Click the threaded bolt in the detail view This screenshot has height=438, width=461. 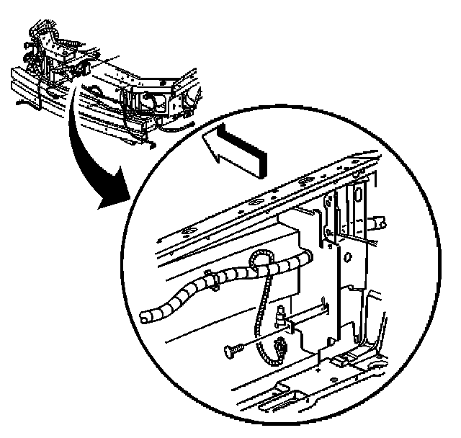coord(233,350)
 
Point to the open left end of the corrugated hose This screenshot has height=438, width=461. coord(144,317)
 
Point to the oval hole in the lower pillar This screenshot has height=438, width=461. coord(347,256)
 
